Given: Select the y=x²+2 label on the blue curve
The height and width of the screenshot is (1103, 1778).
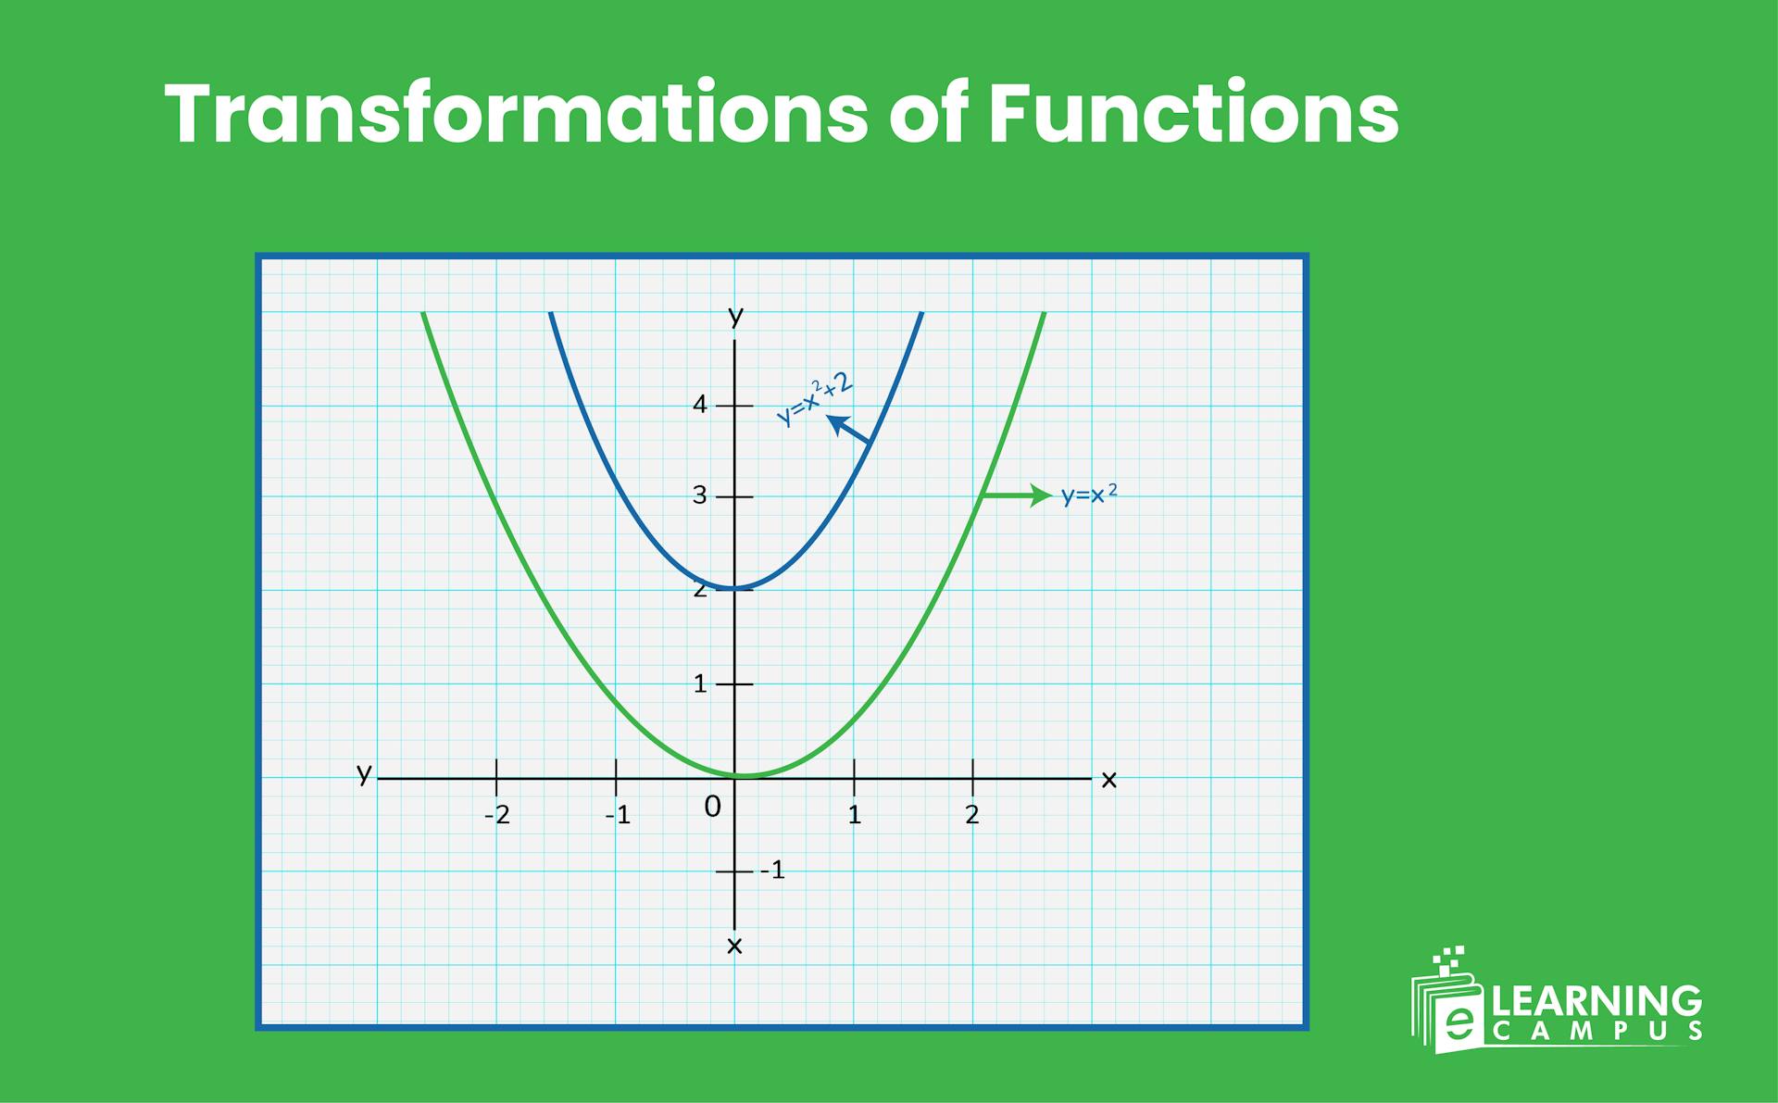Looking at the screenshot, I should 814,399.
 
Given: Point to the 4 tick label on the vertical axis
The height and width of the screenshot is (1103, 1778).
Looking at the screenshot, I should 700,405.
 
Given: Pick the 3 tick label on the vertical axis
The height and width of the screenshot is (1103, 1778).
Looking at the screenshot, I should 700,495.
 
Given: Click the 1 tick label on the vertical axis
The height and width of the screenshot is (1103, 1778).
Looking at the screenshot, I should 700,684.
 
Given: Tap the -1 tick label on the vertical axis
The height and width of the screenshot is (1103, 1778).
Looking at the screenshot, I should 772,871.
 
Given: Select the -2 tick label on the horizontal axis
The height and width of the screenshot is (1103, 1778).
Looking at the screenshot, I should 497,815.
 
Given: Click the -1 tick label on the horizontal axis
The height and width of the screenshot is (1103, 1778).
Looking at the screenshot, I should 618,815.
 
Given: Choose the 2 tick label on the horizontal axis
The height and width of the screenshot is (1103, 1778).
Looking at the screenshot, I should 971,815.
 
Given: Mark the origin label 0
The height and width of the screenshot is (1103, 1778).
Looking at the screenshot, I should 712,808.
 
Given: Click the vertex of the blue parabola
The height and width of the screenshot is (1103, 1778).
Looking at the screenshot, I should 735,588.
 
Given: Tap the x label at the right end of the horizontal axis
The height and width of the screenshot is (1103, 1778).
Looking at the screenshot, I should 1109,781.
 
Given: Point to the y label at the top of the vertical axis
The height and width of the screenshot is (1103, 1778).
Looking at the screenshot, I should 735,317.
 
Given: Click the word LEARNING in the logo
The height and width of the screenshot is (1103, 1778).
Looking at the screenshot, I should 1596,1001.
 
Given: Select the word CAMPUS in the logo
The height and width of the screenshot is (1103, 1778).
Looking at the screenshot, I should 1596,1031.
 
